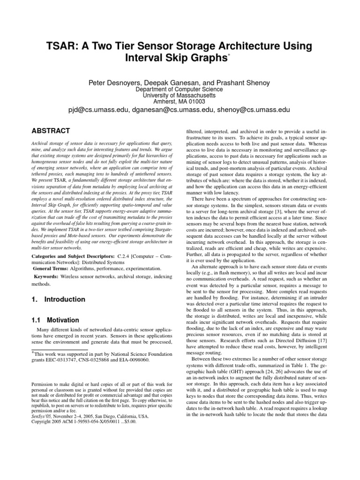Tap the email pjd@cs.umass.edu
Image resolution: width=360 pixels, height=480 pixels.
(99, 109)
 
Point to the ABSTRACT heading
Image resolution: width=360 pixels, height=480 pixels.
(51, 131)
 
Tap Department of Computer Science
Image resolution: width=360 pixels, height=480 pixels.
(180, 89)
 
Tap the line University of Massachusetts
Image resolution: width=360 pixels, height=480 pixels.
(180, 95)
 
